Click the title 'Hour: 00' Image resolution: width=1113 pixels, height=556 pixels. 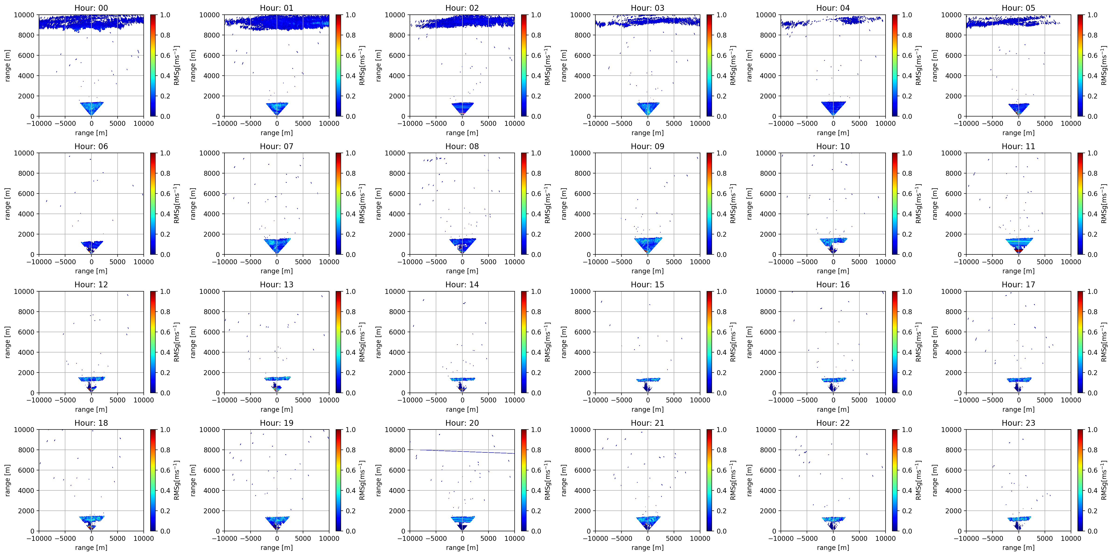click(x=91, y=8)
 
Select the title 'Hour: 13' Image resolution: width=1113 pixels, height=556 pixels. click(x=276, y=285)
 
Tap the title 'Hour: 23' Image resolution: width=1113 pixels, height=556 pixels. click(x=1018, y=423)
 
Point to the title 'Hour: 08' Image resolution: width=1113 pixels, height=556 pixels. click(x=462, y=146)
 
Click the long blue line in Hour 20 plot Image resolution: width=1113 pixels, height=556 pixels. click(x=462, y=451)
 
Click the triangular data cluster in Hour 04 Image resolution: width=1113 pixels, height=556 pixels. click(x=833, y=108)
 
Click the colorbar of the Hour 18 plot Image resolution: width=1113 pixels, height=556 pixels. click(x=153, y=480)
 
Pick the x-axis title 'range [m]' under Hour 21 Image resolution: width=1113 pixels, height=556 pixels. click(x=647, y=547)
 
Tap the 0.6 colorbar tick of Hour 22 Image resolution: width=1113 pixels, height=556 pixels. click(x=907, y=470)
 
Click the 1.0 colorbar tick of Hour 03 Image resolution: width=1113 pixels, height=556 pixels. click(x=722, y=15)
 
